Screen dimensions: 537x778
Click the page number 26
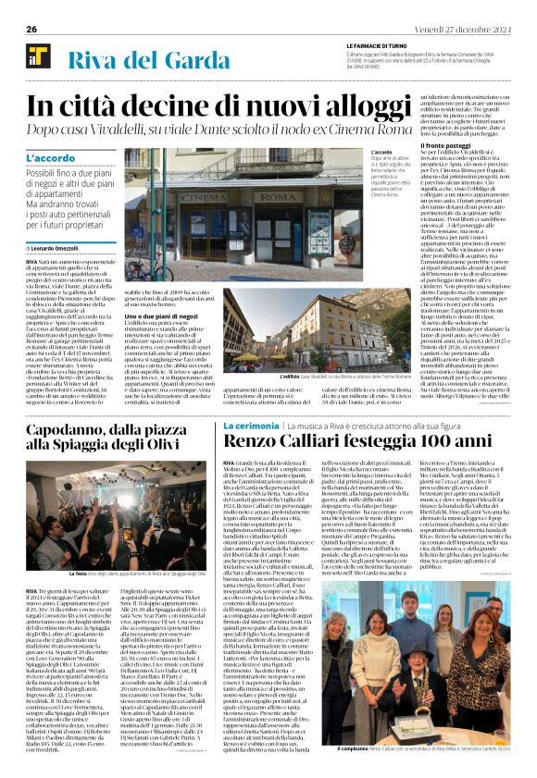point(31,29)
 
